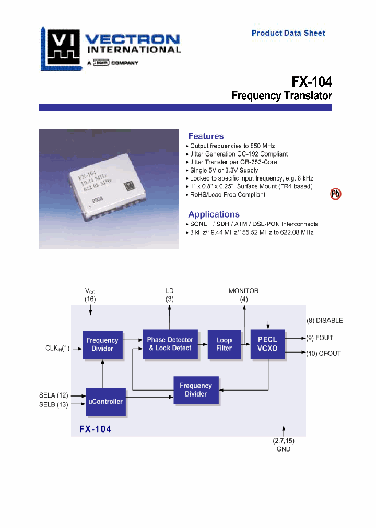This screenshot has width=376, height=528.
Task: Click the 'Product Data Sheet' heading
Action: [x=288, y=33]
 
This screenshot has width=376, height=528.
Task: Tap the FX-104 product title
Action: [x=311, y=82]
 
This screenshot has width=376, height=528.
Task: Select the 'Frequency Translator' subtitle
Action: [x=281, y=96]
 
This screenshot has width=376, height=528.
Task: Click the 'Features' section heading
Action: [x=206, y=136]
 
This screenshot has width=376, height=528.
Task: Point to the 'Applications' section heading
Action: [x=214, y=214]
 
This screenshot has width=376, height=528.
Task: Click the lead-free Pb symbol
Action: [x=335, y=195]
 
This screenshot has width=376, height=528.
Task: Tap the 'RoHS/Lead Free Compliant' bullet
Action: [x=227, y=195]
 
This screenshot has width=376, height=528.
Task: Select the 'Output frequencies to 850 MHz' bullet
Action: [x=232, y=146]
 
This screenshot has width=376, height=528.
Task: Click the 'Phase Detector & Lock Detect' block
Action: [x=170, y=344]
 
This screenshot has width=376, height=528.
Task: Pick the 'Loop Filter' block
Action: [x=224, y=344]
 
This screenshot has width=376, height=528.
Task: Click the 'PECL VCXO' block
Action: [x=268, y=344]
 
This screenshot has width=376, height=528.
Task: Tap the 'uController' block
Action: [x=106, y=401]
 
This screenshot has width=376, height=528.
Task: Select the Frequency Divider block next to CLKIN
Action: [x=102, y=344]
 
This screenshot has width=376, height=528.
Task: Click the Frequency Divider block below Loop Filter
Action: [x=196, y=390]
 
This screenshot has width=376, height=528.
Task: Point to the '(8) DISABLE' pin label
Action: [x=324, y=321]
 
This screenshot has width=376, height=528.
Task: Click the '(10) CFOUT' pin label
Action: [x=323, y=353]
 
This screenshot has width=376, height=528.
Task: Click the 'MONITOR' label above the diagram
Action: [x=243, y=291]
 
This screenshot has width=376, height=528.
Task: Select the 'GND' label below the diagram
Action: [x=284, y=449]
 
